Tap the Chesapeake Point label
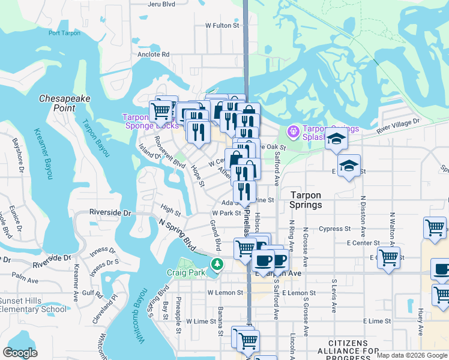[x=58, y=103]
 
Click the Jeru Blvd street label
[x=161, y=4]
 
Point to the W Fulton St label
[x=222, y=26]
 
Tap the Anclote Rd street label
[x=153, y=54]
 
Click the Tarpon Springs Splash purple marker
[x=293, y=130]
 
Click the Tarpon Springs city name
[x=307, y=200]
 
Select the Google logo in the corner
[x=20, y=353]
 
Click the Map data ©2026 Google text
[x=411, y=355]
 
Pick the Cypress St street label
[x=335, y=229]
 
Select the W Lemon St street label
[x=225, y=293]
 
